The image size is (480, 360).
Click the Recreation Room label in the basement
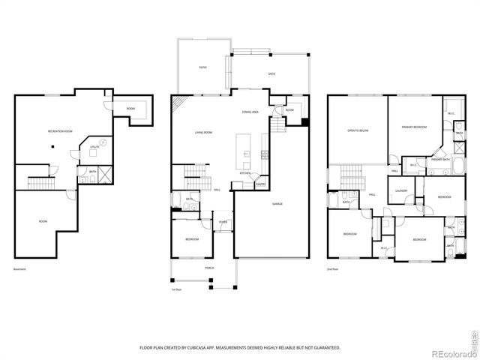click(x=60, y=131)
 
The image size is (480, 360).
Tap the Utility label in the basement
click(x=95, y=148)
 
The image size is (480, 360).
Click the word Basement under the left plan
click(x=19, y=269)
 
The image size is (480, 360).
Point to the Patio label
click(x=202, y=67)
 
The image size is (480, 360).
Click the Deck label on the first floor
click(x=271, y=73)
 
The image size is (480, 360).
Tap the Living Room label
click(x=203, y=133)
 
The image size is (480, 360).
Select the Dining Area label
click(x=250, y=112)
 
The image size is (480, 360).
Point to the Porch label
click(x=199, y=266)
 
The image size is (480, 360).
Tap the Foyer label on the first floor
click(x=223, y=222)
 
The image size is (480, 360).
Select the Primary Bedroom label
click(x=413, y=127)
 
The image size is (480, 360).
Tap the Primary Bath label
click(x=440, y=159)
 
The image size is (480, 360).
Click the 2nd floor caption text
click(x=331, y=269)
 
